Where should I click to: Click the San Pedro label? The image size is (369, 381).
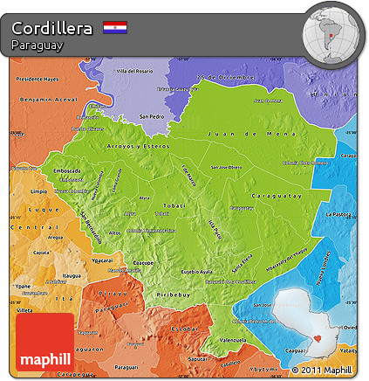151,115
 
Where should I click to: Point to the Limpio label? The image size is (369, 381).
38,190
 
